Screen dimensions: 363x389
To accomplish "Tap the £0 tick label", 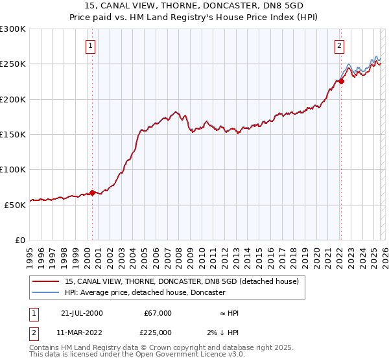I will click(21, 240).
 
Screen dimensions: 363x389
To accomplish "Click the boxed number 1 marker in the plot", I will click(90, 45).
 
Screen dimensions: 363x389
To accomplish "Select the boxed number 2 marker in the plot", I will click(339, 45).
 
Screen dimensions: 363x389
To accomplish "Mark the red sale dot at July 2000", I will click(93, 193).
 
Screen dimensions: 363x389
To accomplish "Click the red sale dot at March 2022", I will click(340, 81).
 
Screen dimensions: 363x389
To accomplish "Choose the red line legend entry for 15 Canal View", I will click(182, 281).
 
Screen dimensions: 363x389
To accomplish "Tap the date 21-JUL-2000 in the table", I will click(82, 313).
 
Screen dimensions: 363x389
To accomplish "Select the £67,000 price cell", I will click(158, 313).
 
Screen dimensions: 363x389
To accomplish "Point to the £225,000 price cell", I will click(158, 333).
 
